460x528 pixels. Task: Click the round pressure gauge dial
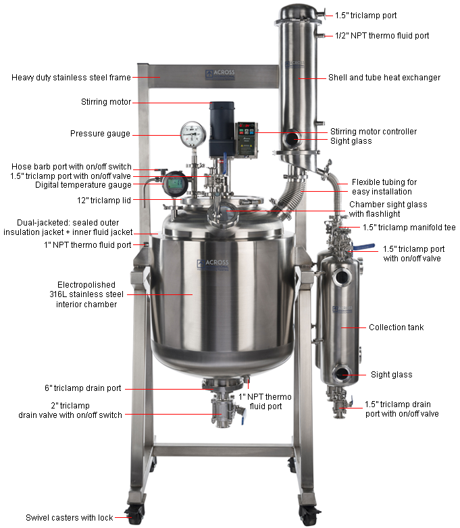[x=193, y=134]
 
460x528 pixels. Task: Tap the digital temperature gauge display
[x=175, y=184]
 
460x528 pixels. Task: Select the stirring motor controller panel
[x=247, y=139]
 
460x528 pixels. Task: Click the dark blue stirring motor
[x=222, y=129]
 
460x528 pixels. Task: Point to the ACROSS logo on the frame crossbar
[x=220, y=74]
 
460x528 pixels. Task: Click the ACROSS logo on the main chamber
[x=213, y=264]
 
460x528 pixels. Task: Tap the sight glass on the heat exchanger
[x=291, y=138]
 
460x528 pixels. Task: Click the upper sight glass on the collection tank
[x=342, y=278]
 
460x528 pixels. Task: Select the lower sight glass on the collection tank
[x=342, y=373]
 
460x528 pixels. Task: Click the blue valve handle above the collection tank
[x=364, y=246]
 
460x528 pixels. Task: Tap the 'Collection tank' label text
[x=396, y=327]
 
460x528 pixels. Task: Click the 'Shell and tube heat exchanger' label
[x=384, y=78]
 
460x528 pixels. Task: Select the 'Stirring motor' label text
[x=106, y=102]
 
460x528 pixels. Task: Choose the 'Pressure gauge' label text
[x=100, y=134]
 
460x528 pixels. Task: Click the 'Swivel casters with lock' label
[x=70, y=518]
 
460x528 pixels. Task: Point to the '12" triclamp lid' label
[x=104, y=201]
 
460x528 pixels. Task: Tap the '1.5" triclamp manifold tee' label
[x=409, y=228]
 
